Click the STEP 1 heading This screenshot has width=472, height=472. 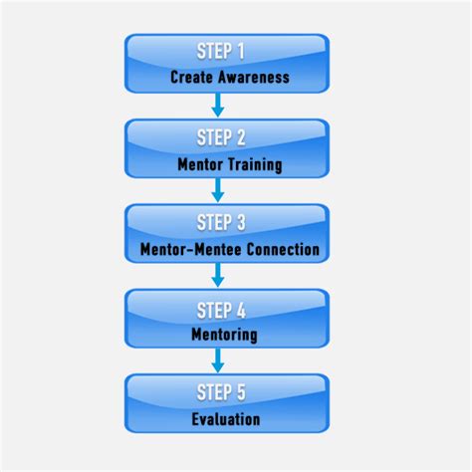(x=221, y=51)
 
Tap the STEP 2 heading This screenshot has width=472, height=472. (x=221, y=137)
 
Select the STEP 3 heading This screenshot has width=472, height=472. (x=221, y=222)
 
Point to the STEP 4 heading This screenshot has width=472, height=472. (x=221, y=311)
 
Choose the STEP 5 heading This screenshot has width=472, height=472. (x=221, y=392)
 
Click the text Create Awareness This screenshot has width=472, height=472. (x=230, y=77)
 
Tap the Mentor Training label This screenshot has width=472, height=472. (x=230, y=164)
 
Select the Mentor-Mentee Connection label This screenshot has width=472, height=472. (x=230, y=249)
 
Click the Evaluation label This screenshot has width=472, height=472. (x=226, y=419)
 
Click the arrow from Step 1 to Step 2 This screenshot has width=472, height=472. (x=218, y=106)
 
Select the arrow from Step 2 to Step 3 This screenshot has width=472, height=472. (x=218, y=190)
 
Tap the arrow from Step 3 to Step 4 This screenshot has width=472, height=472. (x=218, y=275)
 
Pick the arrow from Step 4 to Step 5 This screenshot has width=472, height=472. (x=218, y=360)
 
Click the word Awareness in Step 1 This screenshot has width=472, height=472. (x=254, y=77)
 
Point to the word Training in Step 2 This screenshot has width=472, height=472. (x=256, y=165)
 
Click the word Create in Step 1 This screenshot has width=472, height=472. (x=191, y=77)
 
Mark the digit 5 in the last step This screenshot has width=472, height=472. (x=241, y=392)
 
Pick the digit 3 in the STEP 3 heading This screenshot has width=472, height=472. (x=241, y=222)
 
